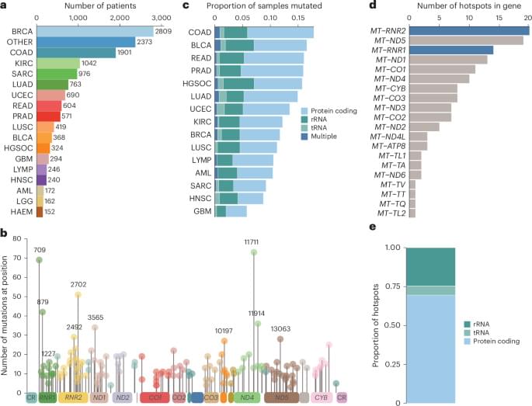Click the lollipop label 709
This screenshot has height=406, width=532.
click(x=39, y=250)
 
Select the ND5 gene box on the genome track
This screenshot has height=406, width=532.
click(x=281, y=397)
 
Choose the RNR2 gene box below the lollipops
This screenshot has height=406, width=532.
click(x=74, y=397)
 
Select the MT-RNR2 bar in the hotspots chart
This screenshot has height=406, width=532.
click(x=471, y=30)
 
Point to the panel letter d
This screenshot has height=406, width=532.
click(x=353, y=5)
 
